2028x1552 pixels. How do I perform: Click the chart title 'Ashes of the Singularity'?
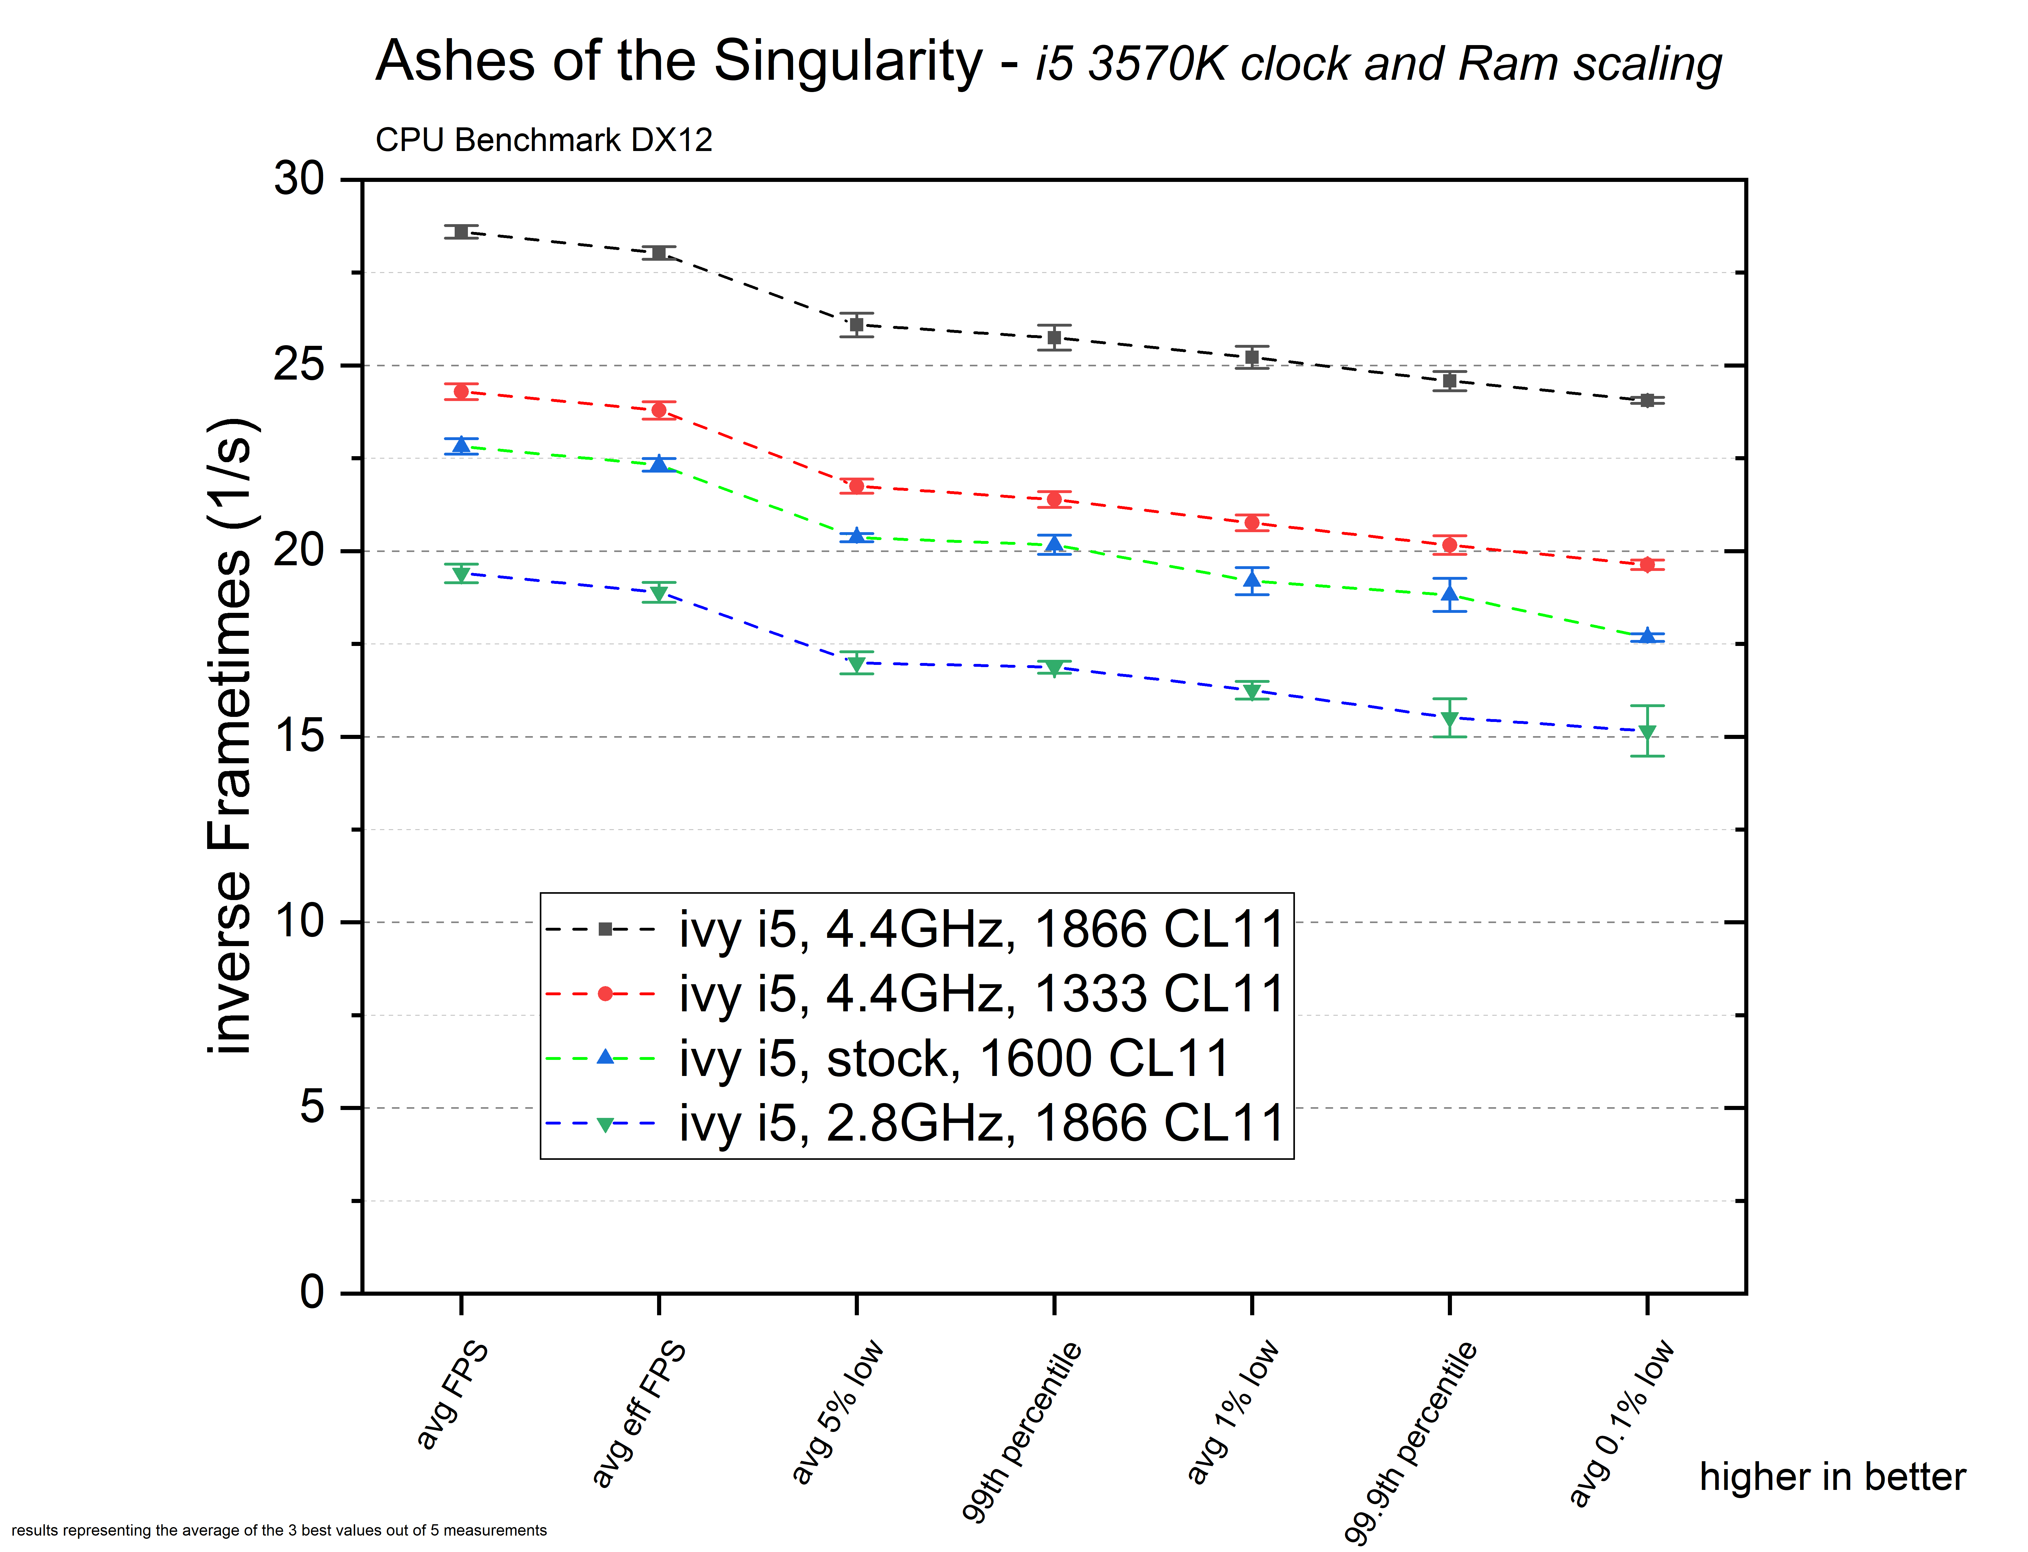point(679,62)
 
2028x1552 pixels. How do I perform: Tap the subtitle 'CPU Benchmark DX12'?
point(543,140)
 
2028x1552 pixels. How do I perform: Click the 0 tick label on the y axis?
point(312,1292)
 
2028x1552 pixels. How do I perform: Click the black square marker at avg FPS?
point(461,232)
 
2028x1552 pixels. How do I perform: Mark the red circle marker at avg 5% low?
point(856,486)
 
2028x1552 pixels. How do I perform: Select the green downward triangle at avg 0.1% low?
point(1647,732)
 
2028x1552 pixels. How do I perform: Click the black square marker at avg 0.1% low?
point(1647,400)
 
